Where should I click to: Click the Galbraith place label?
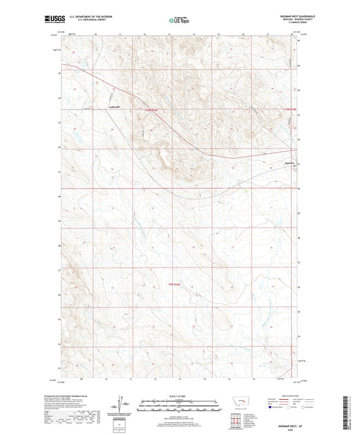click(x=114, y=106)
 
